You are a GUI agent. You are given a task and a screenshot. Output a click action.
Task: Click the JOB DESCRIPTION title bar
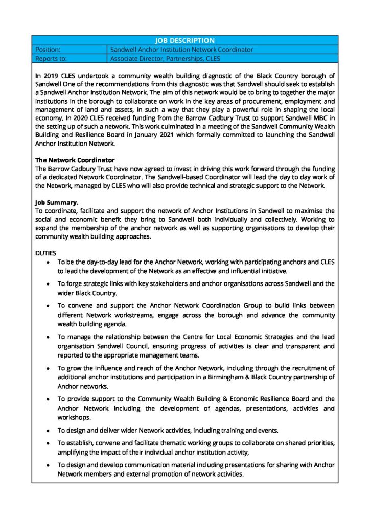pos(184,40)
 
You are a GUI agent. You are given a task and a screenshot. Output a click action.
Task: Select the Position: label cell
pos(70,50)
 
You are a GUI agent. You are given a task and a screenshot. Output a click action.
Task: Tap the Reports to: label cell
pos(70,58)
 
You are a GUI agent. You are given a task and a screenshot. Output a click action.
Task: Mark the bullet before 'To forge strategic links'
pos(48,283)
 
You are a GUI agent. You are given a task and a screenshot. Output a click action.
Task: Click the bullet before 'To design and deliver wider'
pos(48,430)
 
